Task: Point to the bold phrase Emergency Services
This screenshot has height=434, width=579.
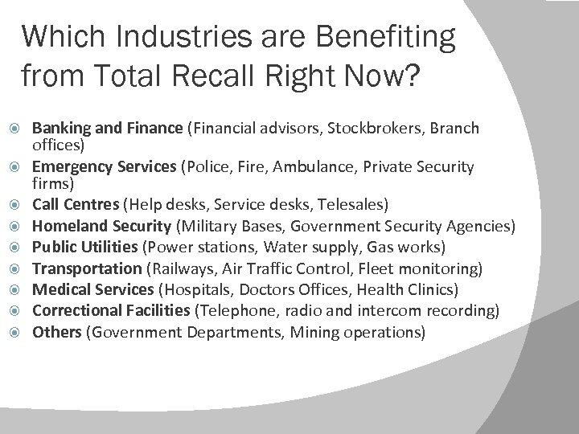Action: [105, 167]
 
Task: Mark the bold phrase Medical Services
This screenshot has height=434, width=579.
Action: [92, 288]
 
